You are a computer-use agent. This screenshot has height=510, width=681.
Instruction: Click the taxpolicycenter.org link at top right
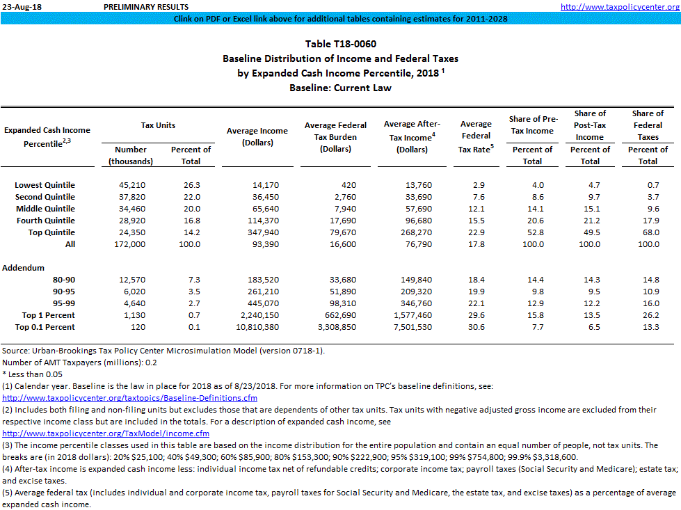tap(619, 6)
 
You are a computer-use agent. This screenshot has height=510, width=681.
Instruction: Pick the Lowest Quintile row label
tap(45, 185)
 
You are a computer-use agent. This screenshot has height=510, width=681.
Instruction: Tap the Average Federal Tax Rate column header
tap(476, 136)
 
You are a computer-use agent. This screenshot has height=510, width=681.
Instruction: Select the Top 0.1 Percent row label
tap(45, 327)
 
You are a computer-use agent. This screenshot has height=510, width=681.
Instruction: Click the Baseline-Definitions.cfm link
tap(130, 398)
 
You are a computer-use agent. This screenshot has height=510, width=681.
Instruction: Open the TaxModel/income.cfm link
tap(106, 433)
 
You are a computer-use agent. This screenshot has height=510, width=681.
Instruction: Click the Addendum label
tap(23, 268)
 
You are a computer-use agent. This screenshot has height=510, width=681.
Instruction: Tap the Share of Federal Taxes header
tap(647, 125)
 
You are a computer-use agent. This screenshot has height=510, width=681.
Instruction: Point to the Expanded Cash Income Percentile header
tap(47, 136)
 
